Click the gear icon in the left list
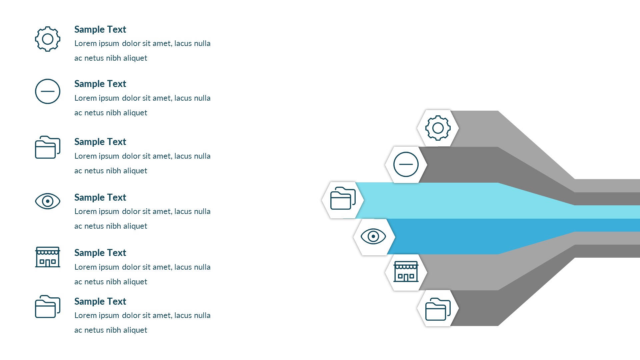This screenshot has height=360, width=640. (x=48, y=39)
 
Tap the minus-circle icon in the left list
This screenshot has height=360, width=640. (x=48, y=91)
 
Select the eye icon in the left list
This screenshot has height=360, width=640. (x=48, y=201)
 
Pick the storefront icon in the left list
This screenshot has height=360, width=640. (x=48, y=257)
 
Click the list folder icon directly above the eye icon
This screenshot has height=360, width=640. (x=48, y=147)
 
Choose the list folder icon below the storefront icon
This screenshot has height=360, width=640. (x=48, y=307)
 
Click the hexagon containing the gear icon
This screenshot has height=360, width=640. (x=438, y=128)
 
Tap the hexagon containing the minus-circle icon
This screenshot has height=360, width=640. (x=406, y=164)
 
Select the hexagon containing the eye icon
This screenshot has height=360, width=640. (x=374, y=237)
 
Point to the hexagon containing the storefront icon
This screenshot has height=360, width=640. (x=406, y=272)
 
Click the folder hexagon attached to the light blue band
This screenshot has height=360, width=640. (x=343, y=200)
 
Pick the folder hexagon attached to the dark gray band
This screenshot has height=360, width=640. (x=438, y=308)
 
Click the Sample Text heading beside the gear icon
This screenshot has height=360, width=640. (x=100, y=30)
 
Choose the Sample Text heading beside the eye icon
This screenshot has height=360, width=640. (x=100, y=198)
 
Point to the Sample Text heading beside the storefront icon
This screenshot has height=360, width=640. (x=100, y=253)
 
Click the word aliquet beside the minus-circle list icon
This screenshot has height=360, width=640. (x=135, y=113)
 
